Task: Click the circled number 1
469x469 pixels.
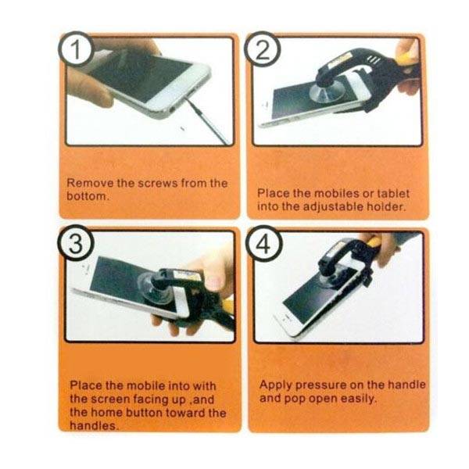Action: (x=76, y=49)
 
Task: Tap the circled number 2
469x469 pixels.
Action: (x=263, y=49)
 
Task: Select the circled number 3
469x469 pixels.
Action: (x=76, y=243)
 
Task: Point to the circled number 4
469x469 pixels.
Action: (x=264, y=243)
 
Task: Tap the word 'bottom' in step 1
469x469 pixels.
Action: (x=87, y=196)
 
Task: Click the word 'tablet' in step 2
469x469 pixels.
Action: (x=393, y=193)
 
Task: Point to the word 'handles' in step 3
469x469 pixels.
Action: (x=93, y=426)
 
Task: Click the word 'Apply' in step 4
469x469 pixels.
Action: (x=275, y=385)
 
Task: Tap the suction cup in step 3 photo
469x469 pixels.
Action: (x=155, y=288)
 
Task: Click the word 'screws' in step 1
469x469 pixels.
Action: (x=158, y=183)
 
